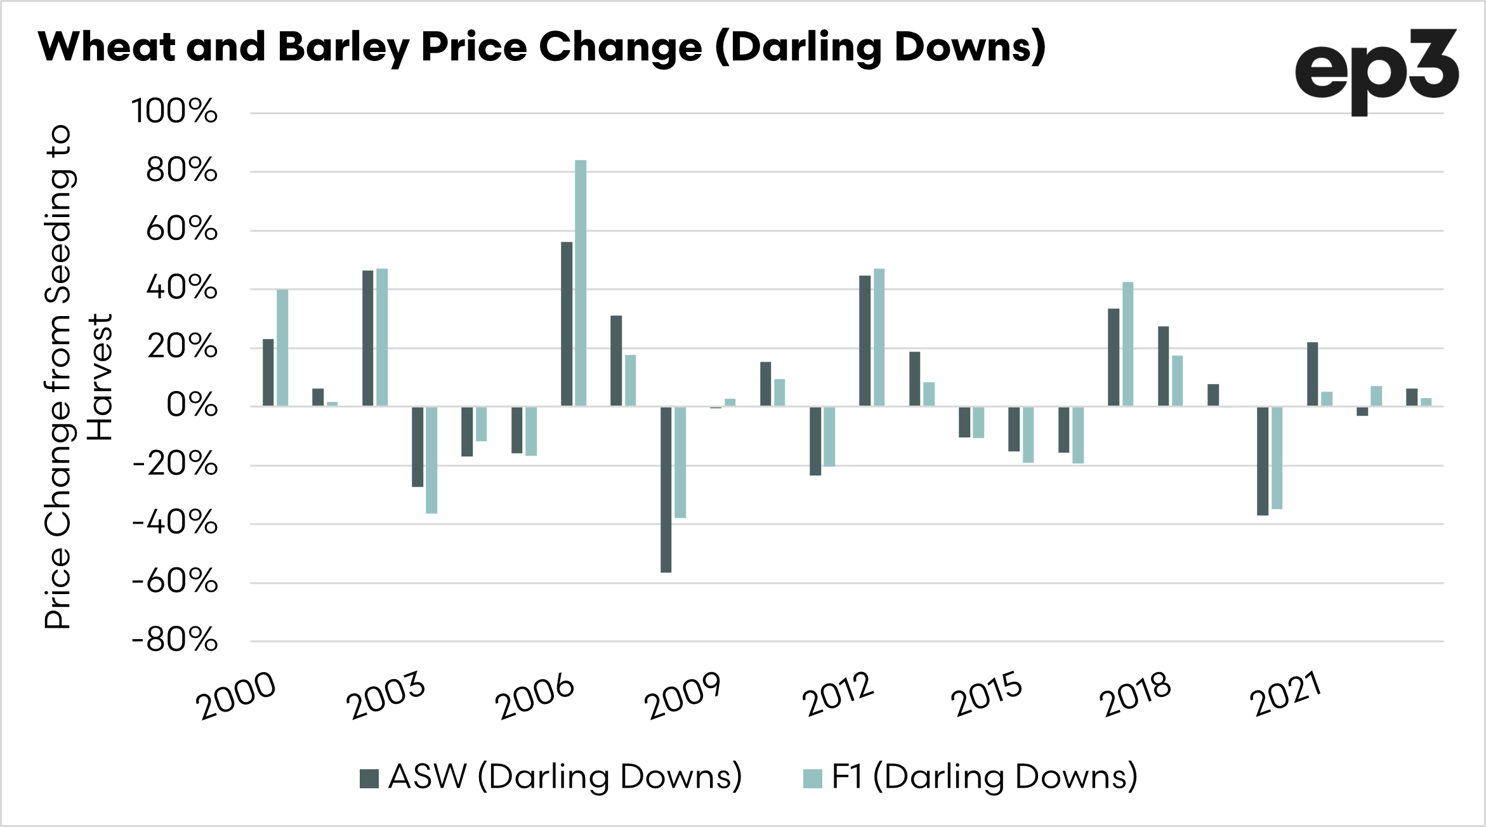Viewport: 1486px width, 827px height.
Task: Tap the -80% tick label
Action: (x=174, y=640)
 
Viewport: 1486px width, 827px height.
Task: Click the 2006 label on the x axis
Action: (x=535, y=697)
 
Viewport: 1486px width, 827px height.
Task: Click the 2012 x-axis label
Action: (x=838, y=695)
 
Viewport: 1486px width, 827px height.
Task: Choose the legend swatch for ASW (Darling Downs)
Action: (x=369, y=778)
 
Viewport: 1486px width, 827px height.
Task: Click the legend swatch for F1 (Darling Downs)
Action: (x=812, y=778)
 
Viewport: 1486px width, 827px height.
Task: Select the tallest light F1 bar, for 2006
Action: (x=581, y=283)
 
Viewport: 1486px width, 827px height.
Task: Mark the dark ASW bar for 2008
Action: (x=666, y=489)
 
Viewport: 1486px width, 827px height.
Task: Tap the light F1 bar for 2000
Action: (x=282, y=348)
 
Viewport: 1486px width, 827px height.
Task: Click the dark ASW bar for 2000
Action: (x=268, y=373)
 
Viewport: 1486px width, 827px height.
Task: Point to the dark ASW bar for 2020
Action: (x=1263, y=461)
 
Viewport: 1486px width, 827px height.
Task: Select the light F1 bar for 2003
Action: (x=431, y=460)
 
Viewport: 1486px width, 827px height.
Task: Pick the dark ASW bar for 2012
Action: (x=865, y=341)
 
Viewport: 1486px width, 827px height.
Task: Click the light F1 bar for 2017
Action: (x=1128, y=344)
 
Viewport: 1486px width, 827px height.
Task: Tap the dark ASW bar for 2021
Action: (x=1312, y=374)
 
